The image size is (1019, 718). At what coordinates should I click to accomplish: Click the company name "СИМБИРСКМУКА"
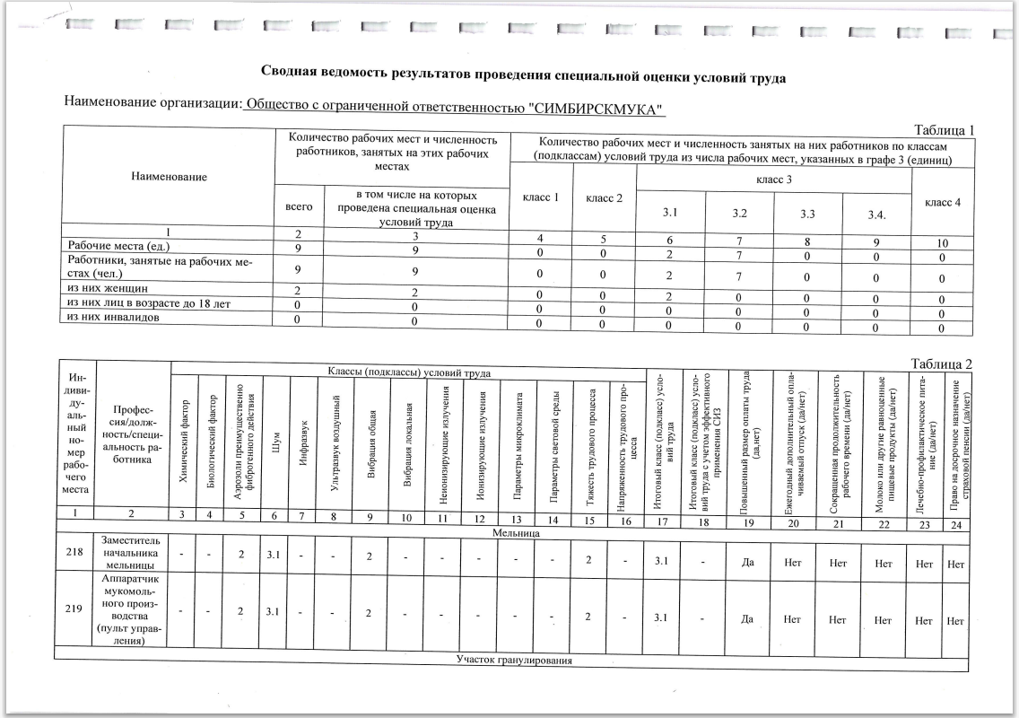[x=597, y=109]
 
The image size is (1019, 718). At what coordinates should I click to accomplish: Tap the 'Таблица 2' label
[x=940, y=363]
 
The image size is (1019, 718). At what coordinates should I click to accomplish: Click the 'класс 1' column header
[x=541, y=197]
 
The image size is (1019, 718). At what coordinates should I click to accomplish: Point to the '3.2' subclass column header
[x=740, y=215]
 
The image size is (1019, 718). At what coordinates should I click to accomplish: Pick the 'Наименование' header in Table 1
[x=169, y=177]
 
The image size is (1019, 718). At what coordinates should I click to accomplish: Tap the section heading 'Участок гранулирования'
[x=514, y=661]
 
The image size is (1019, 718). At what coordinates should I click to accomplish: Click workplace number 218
[x=74, y=553]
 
